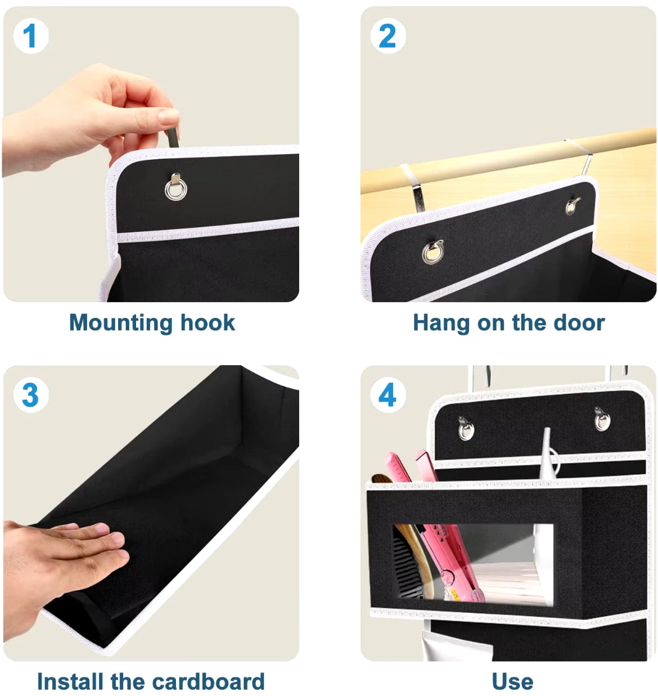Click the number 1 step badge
31,36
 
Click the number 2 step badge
388,36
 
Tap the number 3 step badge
31,395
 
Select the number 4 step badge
388,395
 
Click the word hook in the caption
208,322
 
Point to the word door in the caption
579,322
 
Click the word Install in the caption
71,681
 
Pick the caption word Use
512,682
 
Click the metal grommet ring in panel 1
176,190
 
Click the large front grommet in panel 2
432,253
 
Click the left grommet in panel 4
466,430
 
